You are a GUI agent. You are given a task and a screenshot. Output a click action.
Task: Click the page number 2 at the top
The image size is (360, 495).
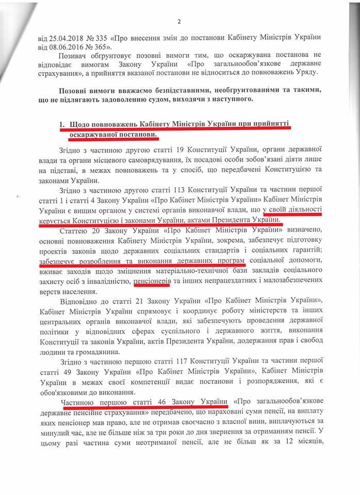click(179, 21)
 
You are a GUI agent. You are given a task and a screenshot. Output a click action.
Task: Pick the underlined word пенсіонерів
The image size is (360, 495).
click(151, 280)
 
